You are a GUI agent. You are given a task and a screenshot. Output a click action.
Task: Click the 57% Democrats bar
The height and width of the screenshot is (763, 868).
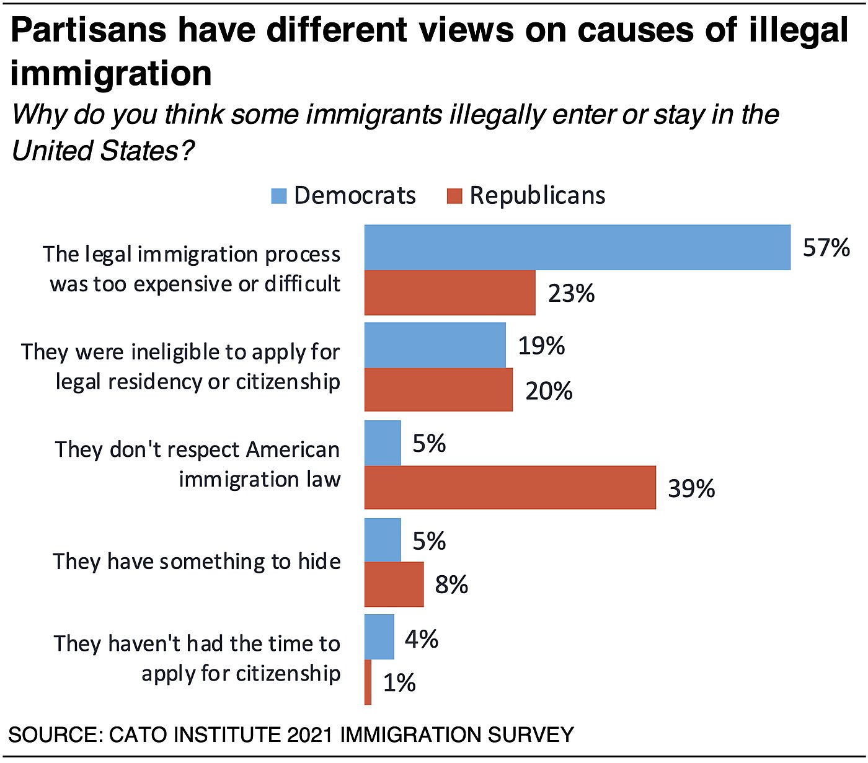[577, 247]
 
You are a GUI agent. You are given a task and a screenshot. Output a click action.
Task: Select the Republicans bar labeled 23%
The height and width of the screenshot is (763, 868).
[449, 293]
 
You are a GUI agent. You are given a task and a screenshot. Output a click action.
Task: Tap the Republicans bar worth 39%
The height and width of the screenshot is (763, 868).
[510, 488]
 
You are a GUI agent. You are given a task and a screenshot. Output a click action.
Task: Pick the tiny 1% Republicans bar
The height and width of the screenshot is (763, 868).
[368, 682]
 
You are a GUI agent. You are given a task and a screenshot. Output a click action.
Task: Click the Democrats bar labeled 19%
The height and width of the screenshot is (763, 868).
[435, 345]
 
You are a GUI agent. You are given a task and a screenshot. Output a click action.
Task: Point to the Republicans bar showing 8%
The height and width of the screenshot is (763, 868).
[394, 584]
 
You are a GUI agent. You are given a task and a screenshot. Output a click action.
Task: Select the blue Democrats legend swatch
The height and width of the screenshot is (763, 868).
[279, 196]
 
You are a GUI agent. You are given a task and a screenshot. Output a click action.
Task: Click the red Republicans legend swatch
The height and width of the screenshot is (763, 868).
[454, 196]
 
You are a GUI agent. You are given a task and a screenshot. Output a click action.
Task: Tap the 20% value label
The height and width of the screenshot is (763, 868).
[549, 391]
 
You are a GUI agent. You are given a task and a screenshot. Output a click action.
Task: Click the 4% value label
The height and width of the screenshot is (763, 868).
[422, 638]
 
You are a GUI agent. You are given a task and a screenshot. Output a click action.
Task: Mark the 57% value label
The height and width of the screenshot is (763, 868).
[826, 248]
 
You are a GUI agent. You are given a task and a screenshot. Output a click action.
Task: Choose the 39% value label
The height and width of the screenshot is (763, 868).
[691, 488]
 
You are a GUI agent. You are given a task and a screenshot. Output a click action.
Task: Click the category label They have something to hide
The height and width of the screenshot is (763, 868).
[197, 562]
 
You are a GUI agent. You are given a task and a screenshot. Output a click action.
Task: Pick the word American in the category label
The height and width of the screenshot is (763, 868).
[293, 449]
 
